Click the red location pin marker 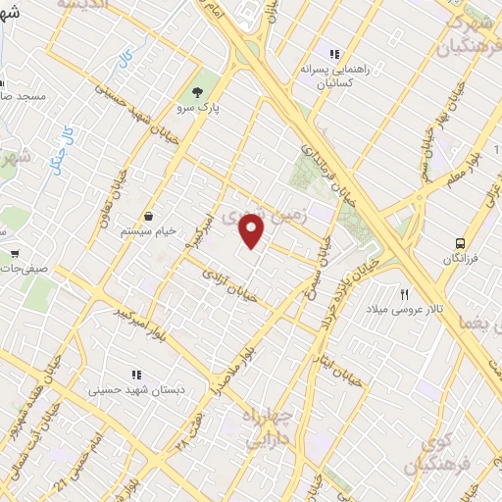click(x=253, y=232)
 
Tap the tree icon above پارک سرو click(x=199, y=91)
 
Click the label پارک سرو click(x=199, y=108)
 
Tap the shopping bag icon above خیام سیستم click(x=148, y=216)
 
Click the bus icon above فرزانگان click(x=459, y=242)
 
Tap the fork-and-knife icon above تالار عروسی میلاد click(x=403, y=294)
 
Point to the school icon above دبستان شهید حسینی click(x=137, y=374)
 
